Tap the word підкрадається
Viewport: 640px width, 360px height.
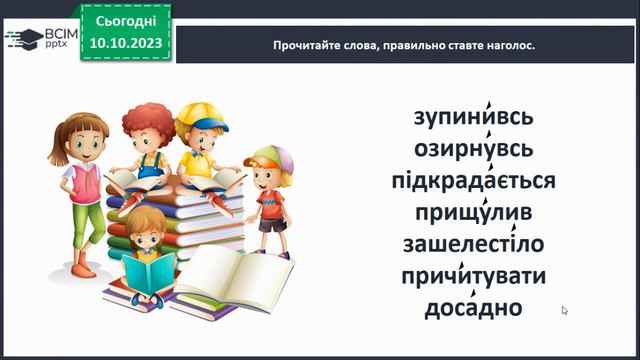click(x=474, y=182)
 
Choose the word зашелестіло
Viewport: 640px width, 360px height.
click(x=474, y=245)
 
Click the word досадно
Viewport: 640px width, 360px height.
click(x=474, y=308)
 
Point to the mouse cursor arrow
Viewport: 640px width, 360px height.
click(x=565, y=311)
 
